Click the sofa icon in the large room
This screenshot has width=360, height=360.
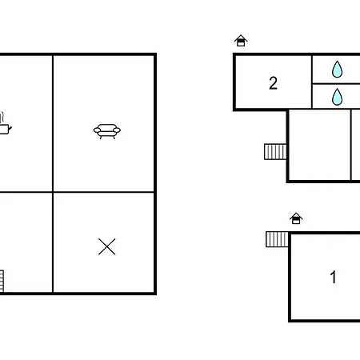click(x=107, y=131)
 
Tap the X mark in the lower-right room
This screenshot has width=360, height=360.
click(x=107, y=246)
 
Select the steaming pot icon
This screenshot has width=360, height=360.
click(x=4, y=123)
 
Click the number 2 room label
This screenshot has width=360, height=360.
click(x=273, y=83)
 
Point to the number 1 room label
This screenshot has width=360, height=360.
click(x=333, y=277)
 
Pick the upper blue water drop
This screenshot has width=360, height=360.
click(x=337, y=69)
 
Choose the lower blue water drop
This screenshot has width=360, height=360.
click(x=337, y=97)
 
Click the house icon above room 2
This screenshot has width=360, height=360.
click(x=241, y=41)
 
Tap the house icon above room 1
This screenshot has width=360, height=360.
click(x=296, y=218)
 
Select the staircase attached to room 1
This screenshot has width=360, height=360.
click(x=277, y=239)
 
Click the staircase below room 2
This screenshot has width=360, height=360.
click(x=275, y=151)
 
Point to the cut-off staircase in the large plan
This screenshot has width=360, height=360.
click(x=2, y=281)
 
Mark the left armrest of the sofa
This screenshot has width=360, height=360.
click(x=97, y=130)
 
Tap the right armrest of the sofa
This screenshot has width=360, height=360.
click(x=117, y=130)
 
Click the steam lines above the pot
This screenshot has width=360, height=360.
click(x=2, y=118)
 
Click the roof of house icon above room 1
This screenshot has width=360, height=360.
click(x=296, y=215)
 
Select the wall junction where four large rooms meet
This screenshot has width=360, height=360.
click(x=53, y=192)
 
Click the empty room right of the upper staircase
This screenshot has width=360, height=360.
click(x=319, y=145)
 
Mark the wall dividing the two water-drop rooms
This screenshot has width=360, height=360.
click(x=336, y=84)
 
